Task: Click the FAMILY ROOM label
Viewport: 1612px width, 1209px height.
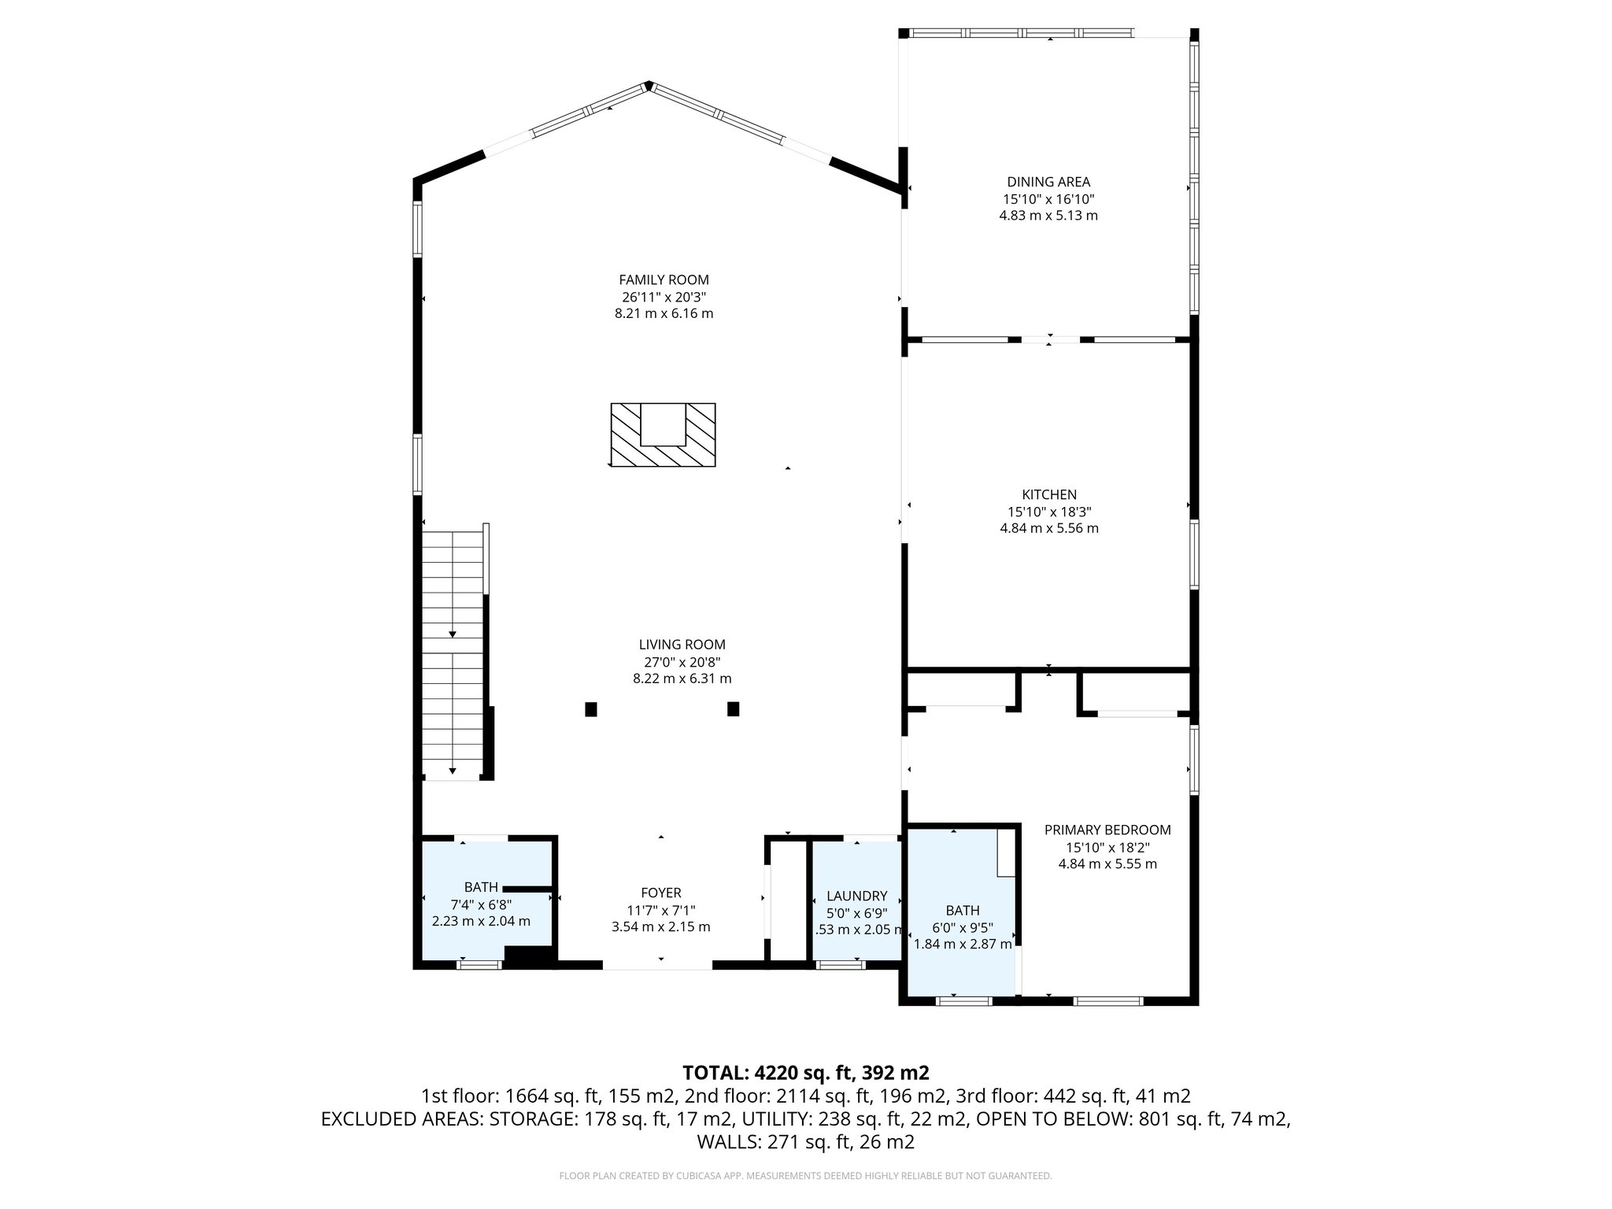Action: [x=664, y=280]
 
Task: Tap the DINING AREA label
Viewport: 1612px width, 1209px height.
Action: [x=1048, y=183]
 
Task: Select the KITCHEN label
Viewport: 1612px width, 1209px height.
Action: [x=1048, y=495]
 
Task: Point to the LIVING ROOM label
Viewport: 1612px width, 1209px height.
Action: [x=682, y=645]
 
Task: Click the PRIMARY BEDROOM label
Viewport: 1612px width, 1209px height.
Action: [x=1107, y=830]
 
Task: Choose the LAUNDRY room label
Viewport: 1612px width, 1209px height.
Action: [x=856, y=896]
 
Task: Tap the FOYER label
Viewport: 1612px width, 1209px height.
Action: [x=660, y=893]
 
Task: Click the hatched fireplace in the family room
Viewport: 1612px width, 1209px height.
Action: [x=663, y=435]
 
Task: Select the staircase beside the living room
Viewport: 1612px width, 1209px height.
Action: [x=453, y=653]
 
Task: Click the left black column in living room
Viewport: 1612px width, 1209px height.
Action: [x=591, y=709]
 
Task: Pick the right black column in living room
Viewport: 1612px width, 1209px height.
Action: [x=734, y=709]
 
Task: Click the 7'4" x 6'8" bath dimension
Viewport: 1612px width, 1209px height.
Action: [x=481, y=904]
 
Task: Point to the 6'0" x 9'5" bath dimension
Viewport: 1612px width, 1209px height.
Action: [x=963, y=927]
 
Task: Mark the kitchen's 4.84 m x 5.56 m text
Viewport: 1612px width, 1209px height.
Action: [x=1048, y=528]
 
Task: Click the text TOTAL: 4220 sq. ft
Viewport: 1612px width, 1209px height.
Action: [x=805, y=1073]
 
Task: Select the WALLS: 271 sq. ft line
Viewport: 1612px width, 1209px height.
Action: [x=805, y=1142]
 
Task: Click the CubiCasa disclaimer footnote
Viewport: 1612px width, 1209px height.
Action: [x=805, y=1176]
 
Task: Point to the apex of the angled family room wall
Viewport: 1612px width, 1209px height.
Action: [x=648, y=84]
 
